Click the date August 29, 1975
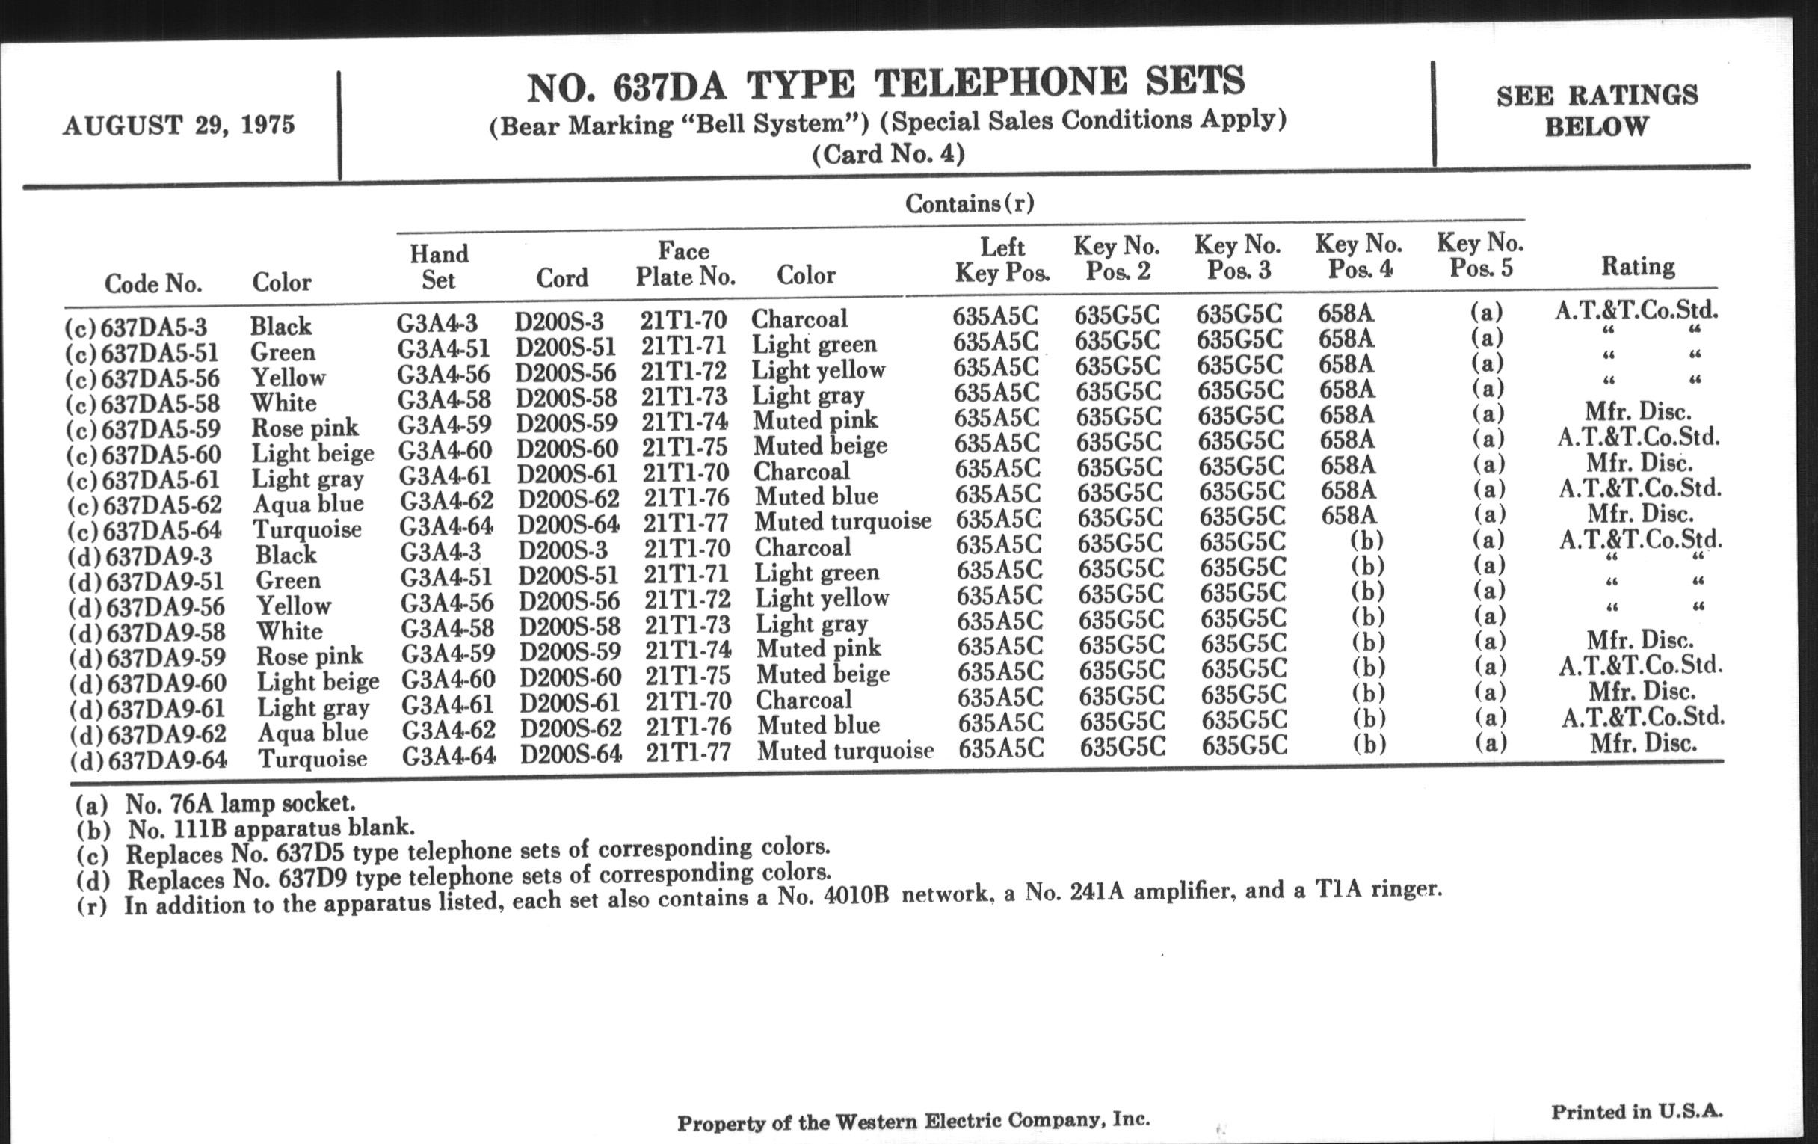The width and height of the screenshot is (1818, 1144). tap(179, 125)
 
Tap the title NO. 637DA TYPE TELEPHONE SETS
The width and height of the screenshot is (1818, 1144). tap(885, 85)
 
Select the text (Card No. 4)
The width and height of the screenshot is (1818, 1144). tap(888, 154)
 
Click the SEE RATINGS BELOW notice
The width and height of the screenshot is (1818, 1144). tap(1597, 110)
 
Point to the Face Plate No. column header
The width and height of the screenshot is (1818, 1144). tap(685, 263)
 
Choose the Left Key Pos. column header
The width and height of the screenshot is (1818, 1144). tap(1002, 259)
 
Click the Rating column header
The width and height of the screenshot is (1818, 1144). tap(1638, 265)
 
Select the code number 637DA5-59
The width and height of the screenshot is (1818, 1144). tap(160, 429)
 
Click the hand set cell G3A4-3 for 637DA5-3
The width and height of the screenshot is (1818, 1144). tap(437, 323)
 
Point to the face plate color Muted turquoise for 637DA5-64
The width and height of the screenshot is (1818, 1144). tap(842, 521)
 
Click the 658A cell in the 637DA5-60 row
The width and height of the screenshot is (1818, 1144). tap(1348, 440)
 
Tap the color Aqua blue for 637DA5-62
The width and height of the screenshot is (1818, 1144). tap(308, 504)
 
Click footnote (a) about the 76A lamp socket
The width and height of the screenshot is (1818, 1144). tap(215, 802)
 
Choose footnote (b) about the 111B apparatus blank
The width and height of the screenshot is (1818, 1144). tap(245, 828)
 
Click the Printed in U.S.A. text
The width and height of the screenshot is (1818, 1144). tap(1637, 1112)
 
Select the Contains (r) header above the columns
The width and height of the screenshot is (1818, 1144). tap(969, 203)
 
